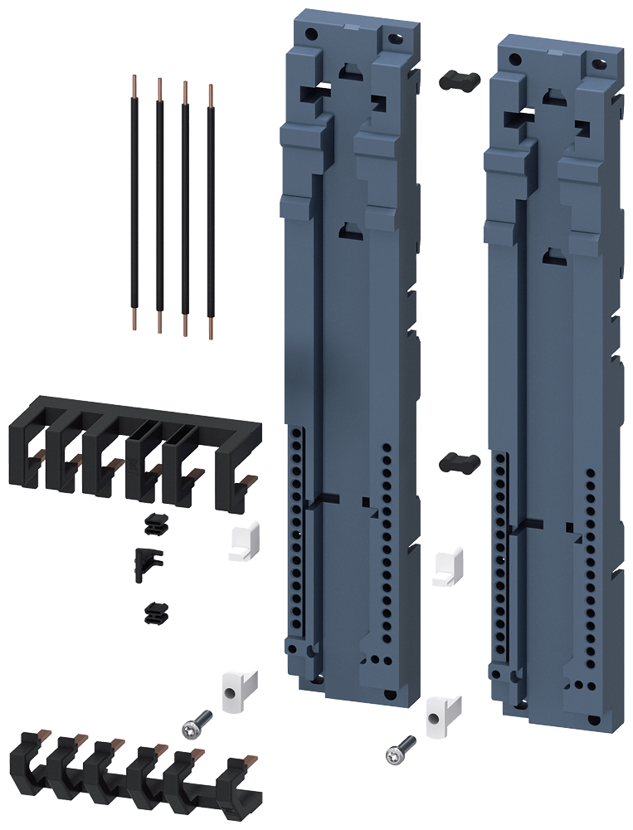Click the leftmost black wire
(134, 199)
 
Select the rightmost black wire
(211, 207)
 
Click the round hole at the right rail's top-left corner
(515, 59)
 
